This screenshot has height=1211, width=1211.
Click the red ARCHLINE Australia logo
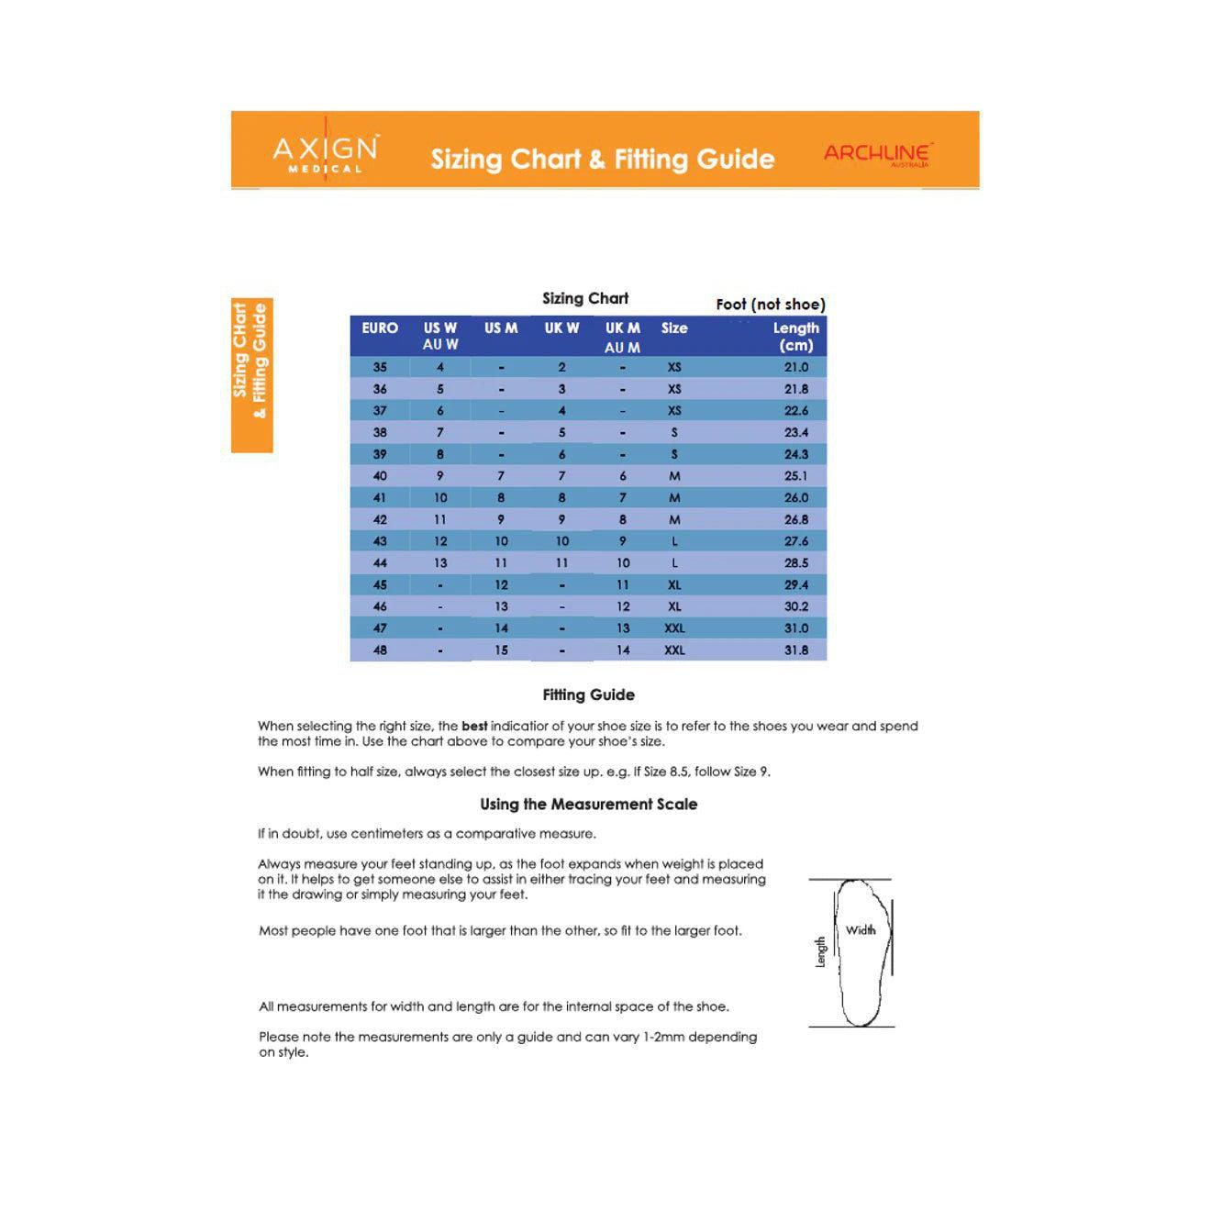point(877,153)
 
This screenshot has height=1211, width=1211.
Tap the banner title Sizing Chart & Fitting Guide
point(603,160)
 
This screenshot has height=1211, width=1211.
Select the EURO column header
point(380,328)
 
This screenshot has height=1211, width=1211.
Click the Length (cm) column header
point(795,336)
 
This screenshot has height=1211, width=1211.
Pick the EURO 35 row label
point(380,367)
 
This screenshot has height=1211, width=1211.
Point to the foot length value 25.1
point(796,476)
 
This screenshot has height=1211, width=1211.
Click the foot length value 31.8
point(796,650)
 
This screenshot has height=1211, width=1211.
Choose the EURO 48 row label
point(380,650)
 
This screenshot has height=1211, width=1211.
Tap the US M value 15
point(501,650)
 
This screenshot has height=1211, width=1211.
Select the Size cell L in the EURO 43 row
point(674,541)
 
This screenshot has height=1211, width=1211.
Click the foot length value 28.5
point(796,563)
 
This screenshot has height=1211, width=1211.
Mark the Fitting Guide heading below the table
point(588,695)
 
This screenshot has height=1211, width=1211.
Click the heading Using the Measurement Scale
point(588,805)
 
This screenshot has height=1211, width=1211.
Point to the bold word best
point(474,727)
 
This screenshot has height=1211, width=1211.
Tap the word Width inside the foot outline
point(861,930)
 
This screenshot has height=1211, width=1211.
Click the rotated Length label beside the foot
point(821,951)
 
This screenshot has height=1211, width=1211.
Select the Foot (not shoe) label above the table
point(771,305)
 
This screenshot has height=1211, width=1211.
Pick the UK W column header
point(561,328)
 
